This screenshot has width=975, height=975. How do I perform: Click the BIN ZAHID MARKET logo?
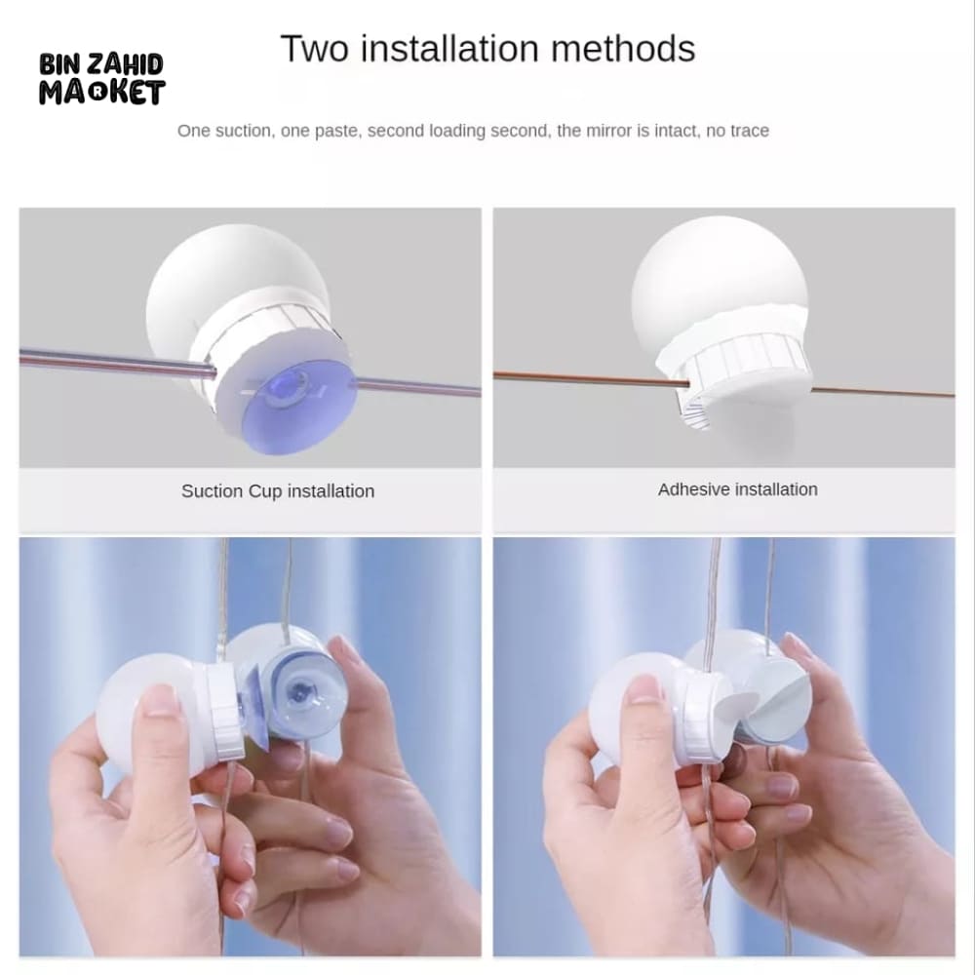point(102,79)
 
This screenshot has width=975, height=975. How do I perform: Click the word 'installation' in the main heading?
point(449,49)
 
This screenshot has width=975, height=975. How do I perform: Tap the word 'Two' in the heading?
point(314,49)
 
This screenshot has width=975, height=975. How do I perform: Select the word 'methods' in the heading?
point(623,49)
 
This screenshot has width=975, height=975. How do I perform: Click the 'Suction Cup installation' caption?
point(278,491)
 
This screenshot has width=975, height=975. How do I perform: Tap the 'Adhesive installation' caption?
point(737,489)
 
